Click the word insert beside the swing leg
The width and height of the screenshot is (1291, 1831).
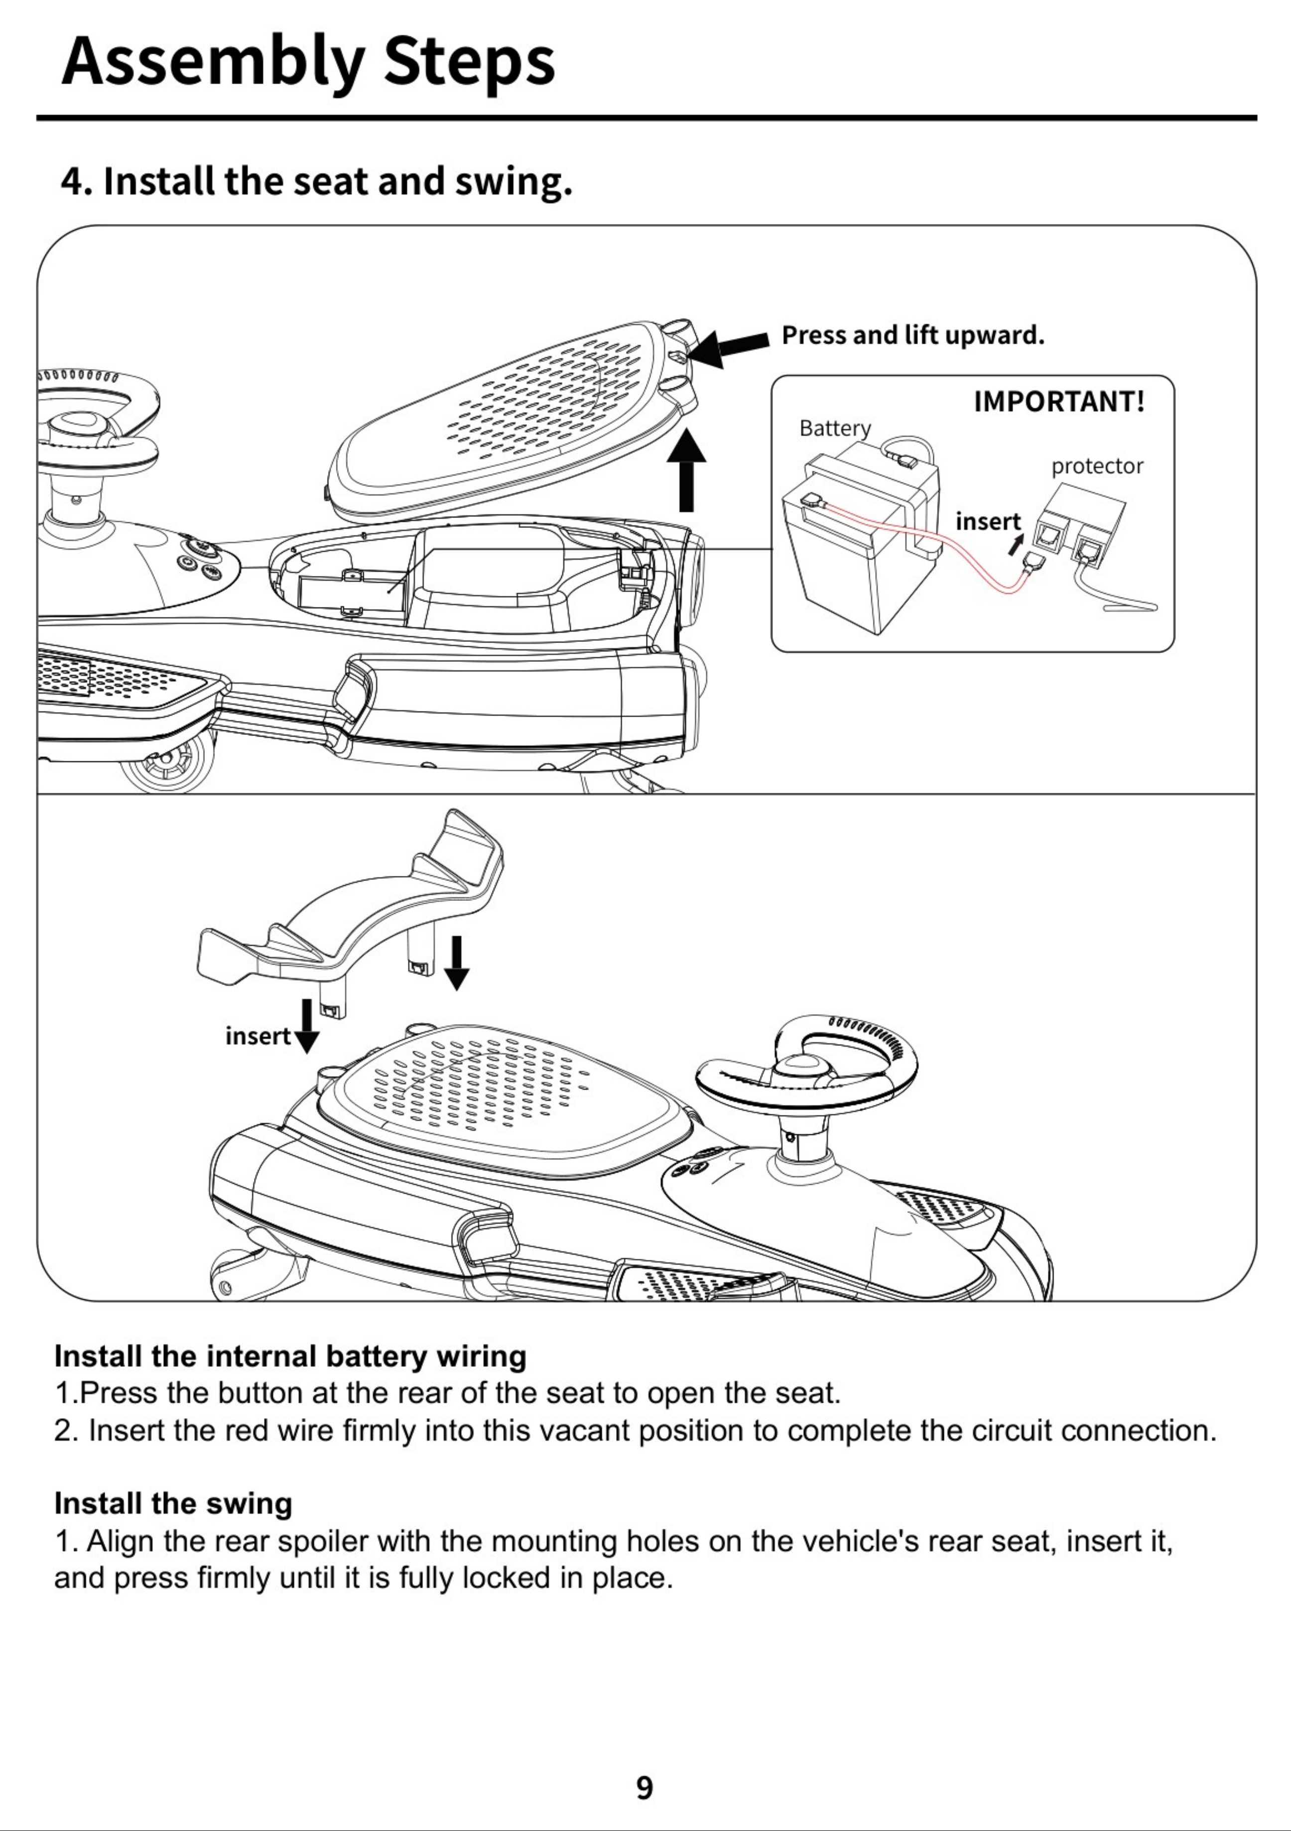258,1036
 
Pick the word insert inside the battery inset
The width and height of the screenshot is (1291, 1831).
988,521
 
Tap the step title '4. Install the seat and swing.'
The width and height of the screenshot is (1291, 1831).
317,182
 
